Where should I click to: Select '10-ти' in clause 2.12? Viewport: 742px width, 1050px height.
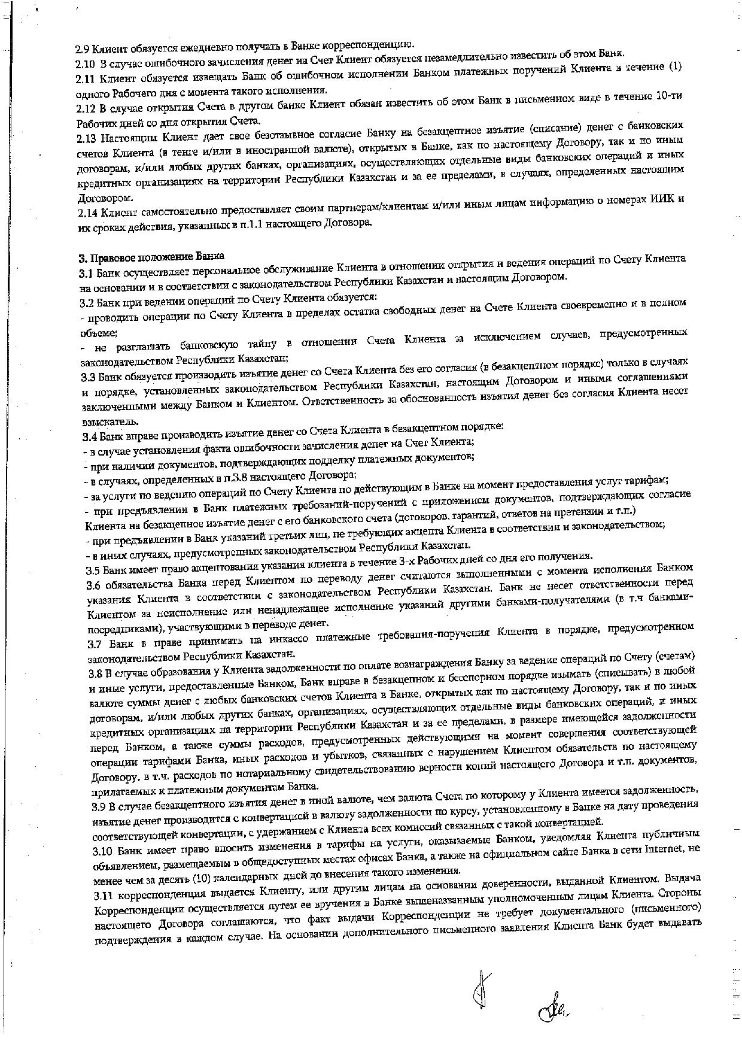click(x=668, y=96)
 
